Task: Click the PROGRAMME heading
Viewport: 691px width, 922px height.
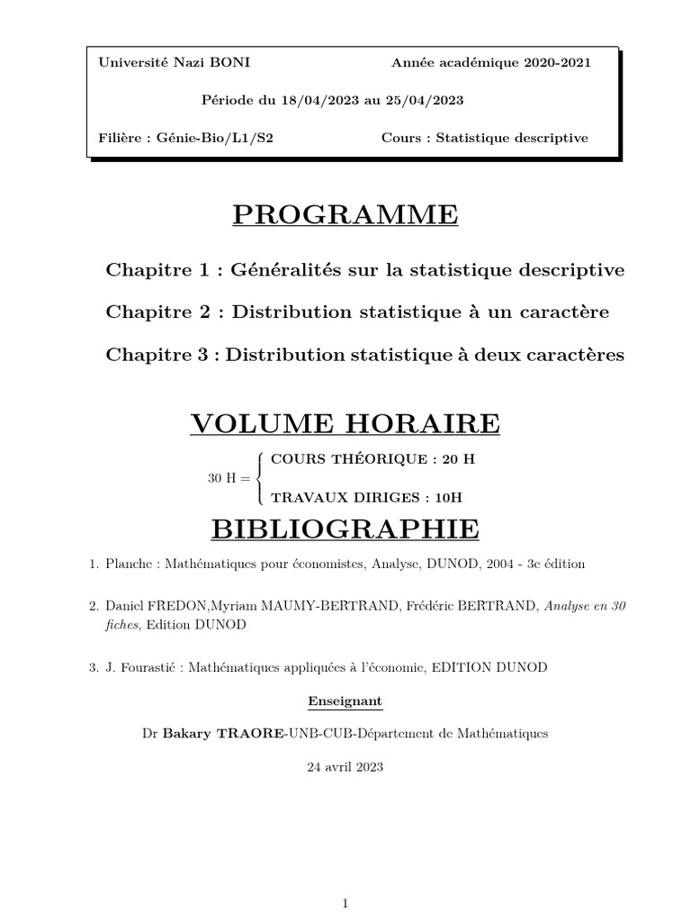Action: tap(345, 215)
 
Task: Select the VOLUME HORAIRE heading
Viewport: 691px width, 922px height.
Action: tap(345, 422)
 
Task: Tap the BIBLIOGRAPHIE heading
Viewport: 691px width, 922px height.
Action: tap(345, 529)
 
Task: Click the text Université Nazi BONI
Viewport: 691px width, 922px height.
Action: tap(162, 62)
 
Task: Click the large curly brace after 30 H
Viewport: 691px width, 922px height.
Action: tap(260, 478)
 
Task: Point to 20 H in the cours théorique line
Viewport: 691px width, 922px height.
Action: tap(459, 458)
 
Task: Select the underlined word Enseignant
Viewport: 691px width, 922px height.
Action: tap(345, 701)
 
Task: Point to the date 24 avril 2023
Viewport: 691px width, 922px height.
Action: tap(345, 767)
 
